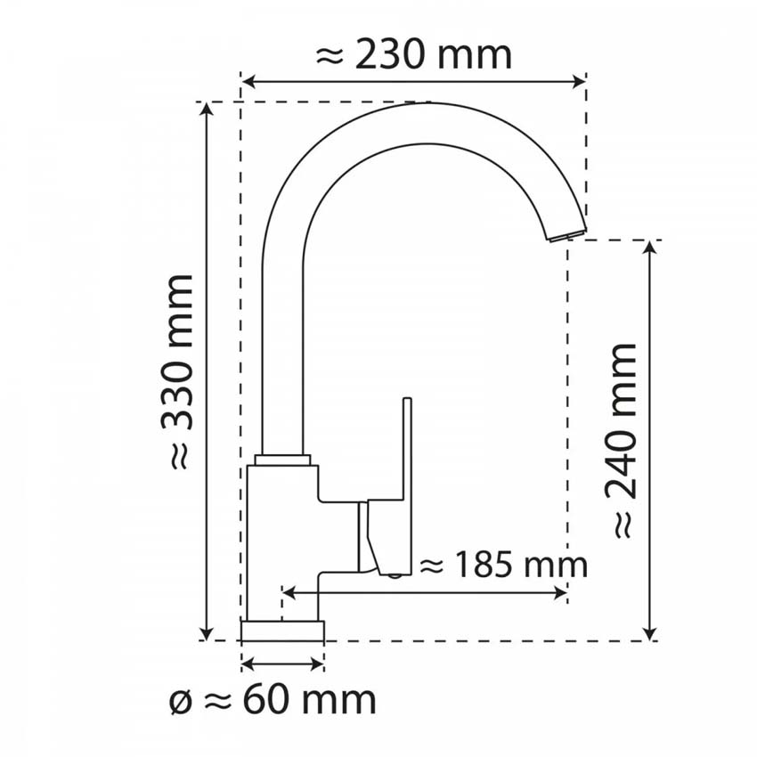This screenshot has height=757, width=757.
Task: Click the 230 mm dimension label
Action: pyautogui.click(x=414, y=55)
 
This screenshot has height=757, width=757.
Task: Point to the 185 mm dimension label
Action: pyautogui.click(x=503, y=565)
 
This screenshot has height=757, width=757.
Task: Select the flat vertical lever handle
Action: pyautogui.click(x=408, y=481)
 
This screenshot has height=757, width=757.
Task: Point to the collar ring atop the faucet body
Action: pyautogui.click(x=282, y=460)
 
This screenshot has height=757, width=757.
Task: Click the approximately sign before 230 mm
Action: pyautogui.click(x=330, y=56)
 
